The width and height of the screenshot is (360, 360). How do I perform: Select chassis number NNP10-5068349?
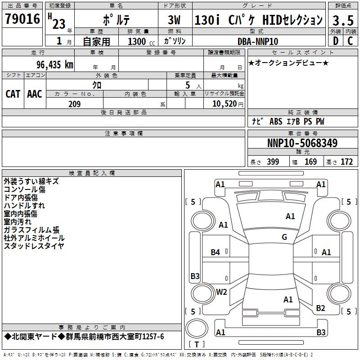[x=302, y=144]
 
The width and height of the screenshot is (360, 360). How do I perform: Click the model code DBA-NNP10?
[x=258, y=41]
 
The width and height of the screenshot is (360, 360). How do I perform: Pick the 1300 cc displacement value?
[x=138, y=41]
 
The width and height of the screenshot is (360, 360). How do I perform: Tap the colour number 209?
[x=74, y=104]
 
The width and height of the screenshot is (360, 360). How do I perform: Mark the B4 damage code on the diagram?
[x=216, y=252]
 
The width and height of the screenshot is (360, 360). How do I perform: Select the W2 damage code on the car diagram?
[x=221, y=292]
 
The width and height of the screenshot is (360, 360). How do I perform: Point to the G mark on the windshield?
[x=284, y=237]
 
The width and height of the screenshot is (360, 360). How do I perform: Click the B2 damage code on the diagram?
[x=320, y=308]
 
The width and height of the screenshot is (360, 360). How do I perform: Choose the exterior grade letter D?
[x=335, y=41]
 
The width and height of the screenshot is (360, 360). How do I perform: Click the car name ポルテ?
[x=116, y=20]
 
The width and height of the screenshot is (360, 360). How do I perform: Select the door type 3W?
[x=175, y=20]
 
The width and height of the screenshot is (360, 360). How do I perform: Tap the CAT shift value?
[x=13, y=94]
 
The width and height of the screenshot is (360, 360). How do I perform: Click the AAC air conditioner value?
[x=35, y=94]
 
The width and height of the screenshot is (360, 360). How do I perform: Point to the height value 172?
[x=346, y=162]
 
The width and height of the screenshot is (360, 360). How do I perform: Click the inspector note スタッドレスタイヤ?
[x=34, y=246]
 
